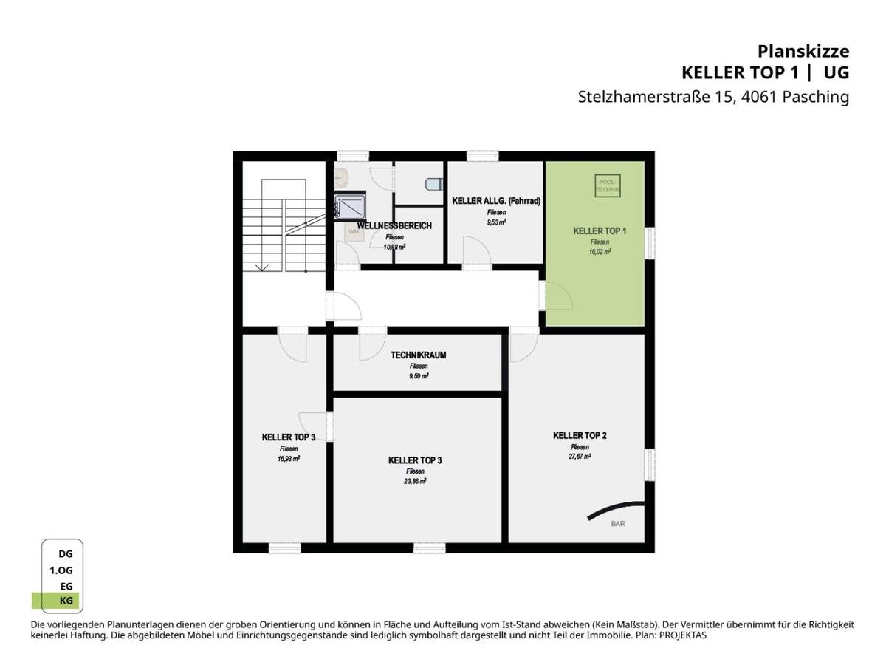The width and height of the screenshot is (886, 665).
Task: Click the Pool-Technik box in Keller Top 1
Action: coord(608,186)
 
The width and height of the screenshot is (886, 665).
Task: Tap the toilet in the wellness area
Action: coord(433,183)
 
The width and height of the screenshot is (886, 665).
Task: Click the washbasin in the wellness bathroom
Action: coord(342,177)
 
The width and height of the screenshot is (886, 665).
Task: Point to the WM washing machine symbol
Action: coord(353,231)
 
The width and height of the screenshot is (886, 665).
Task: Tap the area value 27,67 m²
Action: coord(580,457)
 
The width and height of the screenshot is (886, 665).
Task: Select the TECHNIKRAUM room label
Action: coord(419,355)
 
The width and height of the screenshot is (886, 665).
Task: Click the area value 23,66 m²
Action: coord(415,480)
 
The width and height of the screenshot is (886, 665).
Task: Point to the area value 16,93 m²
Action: coord(288,458)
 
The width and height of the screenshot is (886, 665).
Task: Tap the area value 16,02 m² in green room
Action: coord(600,251)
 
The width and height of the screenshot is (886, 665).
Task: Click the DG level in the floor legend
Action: coord(66,553)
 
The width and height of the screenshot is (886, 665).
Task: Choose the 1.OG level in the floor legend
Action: coord(61,570)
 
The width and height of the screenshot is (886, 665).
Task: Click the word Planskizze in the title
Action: coord(803,51)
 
